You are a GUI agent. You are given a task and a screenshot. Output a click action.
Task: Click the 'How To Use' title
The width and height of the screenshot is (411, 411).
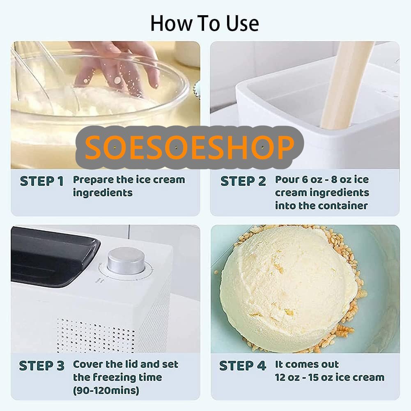tap(205, 23)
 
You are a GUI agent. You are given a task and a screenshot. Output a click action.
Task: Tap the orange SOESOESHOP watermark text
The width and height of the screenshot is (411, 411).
tap(190, 147)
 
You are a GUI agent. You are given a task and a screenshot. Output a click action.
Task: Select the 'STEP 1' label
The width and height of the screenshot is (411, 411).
tap(42, 181)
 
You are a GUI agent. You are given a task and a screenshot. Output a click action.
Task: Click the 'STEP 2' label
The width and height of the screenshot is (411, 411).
tap(243, 181)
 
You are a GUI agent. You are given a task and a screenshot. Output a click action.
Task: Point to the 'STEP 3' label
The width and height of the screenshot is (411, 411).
tap(42, 366)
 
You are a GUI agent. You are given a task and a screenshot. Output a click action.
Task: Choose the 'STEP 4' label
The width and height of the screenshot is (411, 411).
tap(243, 366)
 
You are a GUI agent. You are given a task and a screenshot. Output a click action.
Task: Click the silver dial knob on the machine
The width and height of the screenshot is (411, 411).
tap(126, 261)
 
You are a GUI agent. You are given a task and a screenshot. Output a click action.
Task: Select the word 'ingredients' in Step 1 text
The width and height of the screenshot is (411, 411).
tap(103, 193)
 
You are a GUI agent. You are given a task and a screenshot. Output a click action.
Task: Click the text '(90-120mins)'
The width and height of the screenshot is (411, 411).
tap(106, 390)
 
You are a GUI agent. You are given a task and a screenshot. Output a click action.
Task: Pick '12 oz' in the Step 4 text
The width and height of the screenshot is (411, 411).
tap(288, 377)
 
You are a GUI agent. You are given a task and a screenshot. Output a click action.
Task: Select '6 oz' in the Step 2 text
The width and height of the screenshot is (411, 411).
tap(312, 180)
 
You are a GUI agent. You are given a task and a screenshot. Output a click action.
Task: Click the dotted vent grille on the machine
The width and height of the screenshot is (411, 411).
tap(96, 335)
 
